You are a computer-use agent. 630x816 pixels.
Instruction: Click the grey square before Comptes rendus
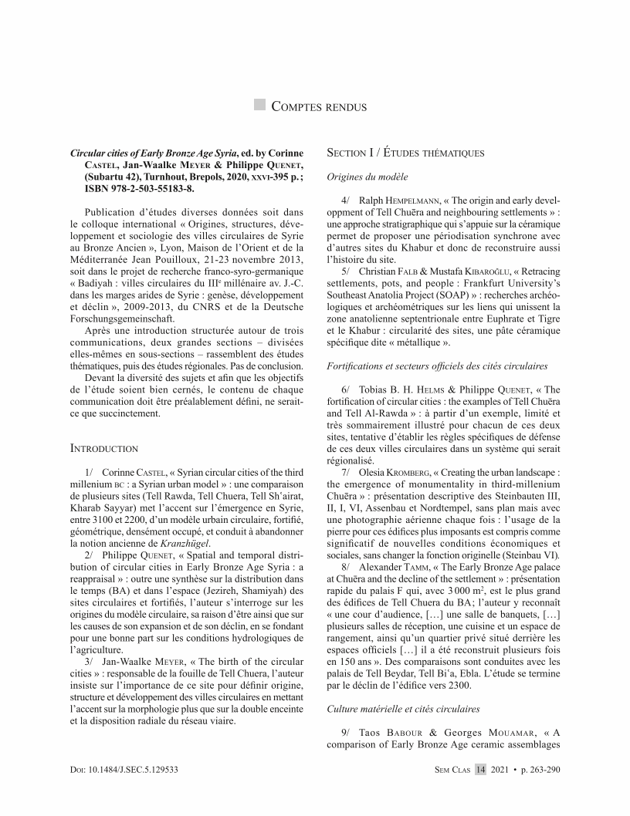[x=259, y=105]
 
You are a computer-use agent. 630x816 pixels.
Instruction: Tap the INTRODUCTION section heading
[x=104, y=448]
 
